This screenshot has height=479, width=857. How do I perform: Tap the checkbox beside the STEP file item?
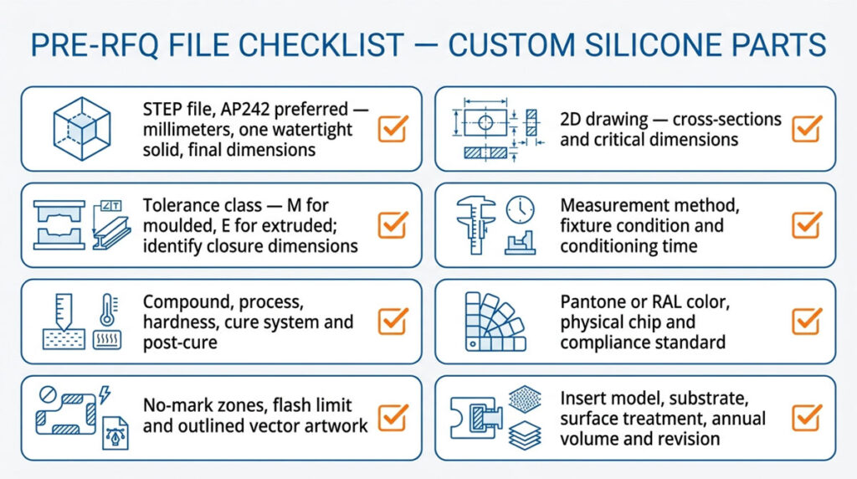coord(393,128)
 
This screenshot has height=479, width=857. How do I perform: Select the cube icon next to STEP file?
coord(82,128)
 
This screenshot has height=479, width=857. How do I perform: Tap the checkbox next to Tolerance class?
coord(393,224)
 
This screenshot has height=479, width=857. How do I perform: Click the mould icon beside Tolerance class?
coord(59,224)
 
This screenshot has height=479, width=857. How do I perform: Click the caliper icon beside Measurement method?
coord(475,225)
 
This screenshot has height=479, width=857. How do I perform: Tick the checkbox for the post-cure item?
coord(393,321)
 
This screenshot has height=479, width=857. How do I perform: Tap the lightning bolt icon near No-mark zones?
coord(105,394)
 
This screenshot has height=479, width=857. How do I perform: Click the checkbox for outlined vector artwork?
coord(393,417)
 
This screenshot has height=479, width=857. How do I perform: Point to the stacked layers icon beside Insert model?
coord(525,435)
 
